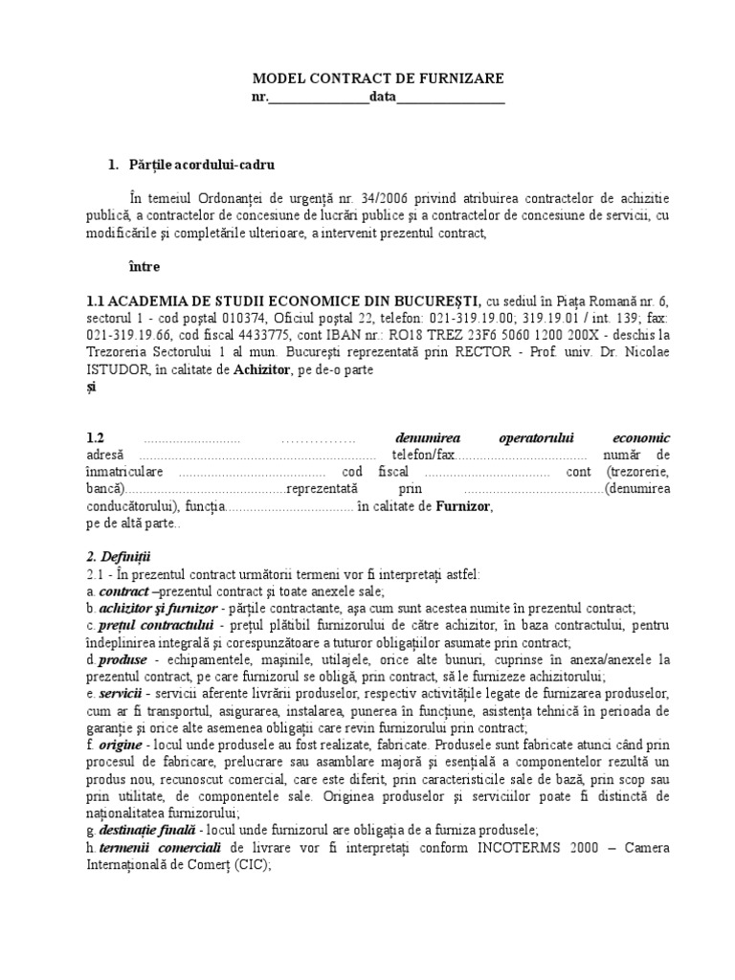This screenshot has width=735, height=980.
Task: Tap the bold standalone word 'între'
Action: tap(145, 266)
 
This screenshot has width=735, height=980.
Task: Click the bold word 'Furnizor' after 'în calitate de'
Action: tap(464, 507)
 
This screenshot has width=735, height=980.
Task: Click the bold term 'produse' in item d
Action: tap(122, 660)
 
